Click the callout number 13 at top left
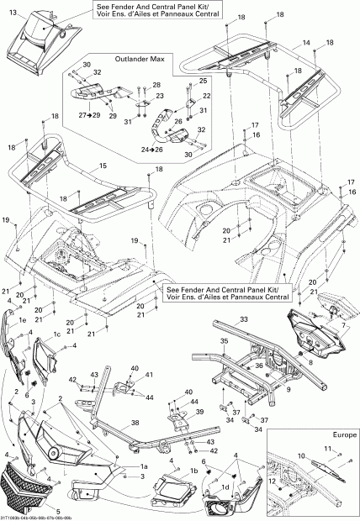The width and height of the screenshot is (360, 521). (x=11, y=13)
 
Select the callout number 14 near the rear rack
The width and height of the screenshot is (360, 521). (x=306, y=42)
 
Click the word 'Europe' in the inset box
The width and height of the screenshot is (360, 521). (x=344, y=434)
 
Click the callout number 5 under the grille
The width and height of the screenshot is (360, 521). (x=34, y=511)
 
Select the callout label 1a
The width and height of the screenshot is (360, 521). (x=144, y=466)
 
